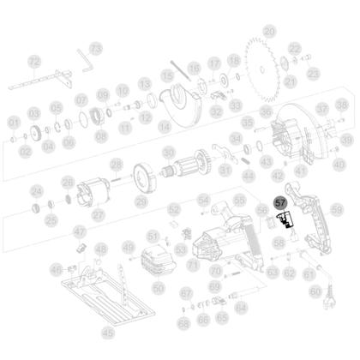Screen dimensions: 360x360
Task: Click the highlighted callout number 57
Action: click(x=280, y=203)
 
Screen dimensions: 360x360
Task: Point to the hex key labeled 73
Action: click(x=85, y=57)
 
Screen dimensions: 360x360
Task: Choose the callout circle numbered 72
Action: click(x=34, y=62)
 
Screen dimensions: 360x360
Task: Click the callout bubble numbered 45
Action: click(x=107, y=331)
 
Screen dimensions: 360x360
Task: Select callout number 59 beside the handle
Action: click(x=336, y=209)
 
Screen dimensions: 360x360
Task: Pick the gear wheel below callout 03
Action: click(x=36, y=134)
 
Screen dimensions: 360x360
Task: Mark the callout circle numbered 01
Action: click(x=13, y=123)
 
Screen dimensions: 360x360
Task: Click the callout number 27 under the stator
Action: click(x=98, y=214)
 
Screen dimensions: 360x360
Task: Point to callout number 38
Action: click(x=340, y=105)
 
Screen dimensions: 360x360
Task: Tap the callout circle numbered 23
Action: click(x=313, y=74)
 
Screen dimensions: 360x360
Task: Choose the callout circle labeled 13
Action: click(x=145, y=83)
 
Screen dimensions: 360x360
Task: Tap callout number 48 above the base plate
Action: click(x=101, y=249)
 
